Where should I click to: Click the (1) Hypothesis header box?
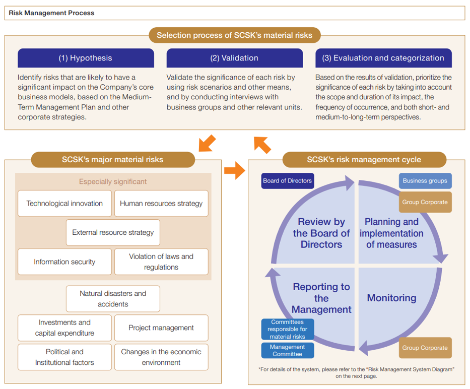click(x=86, y=58)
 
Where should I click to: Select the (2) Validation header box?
click(x=234, y=58)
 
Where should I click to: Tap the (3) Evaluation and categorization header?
click(x=383, y=58)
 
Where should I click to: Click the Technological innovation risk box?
click(x=64, y=204)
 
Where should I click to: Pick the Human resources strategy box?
click(x=161, y=204)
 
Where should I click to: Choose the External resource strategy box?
click(x=113, y=232)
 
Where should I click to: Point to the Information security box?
click(x=64, y=262)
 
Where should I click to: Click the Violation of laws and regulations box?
click(x=161, y=262)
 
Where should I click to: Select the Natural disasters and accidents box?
click(x=113, y=299)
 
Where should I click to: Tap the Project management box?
click(x=161, y=328)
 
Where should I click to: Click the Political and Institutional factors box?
click(x=64, y=357)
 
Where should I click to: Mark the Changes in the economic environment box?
click(x=161, y=357)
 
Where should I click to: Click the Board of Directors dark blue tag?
click(x=288, y=181)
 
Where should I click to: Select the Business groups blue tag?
click(x=425, y=181)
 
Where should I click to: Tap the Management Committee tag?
click(x=288, y=350)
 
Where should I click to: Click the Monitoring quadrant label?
click(x=391, y=298)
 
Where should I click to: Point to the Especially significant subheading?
click(x=113, y=181)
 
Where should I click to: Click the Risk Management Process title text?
click(x=51, y=13)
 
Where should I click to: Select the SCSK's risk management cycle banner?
click(x=364, y=160)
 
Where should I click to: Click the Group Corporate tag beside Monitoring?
click(x=425, y=348)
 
